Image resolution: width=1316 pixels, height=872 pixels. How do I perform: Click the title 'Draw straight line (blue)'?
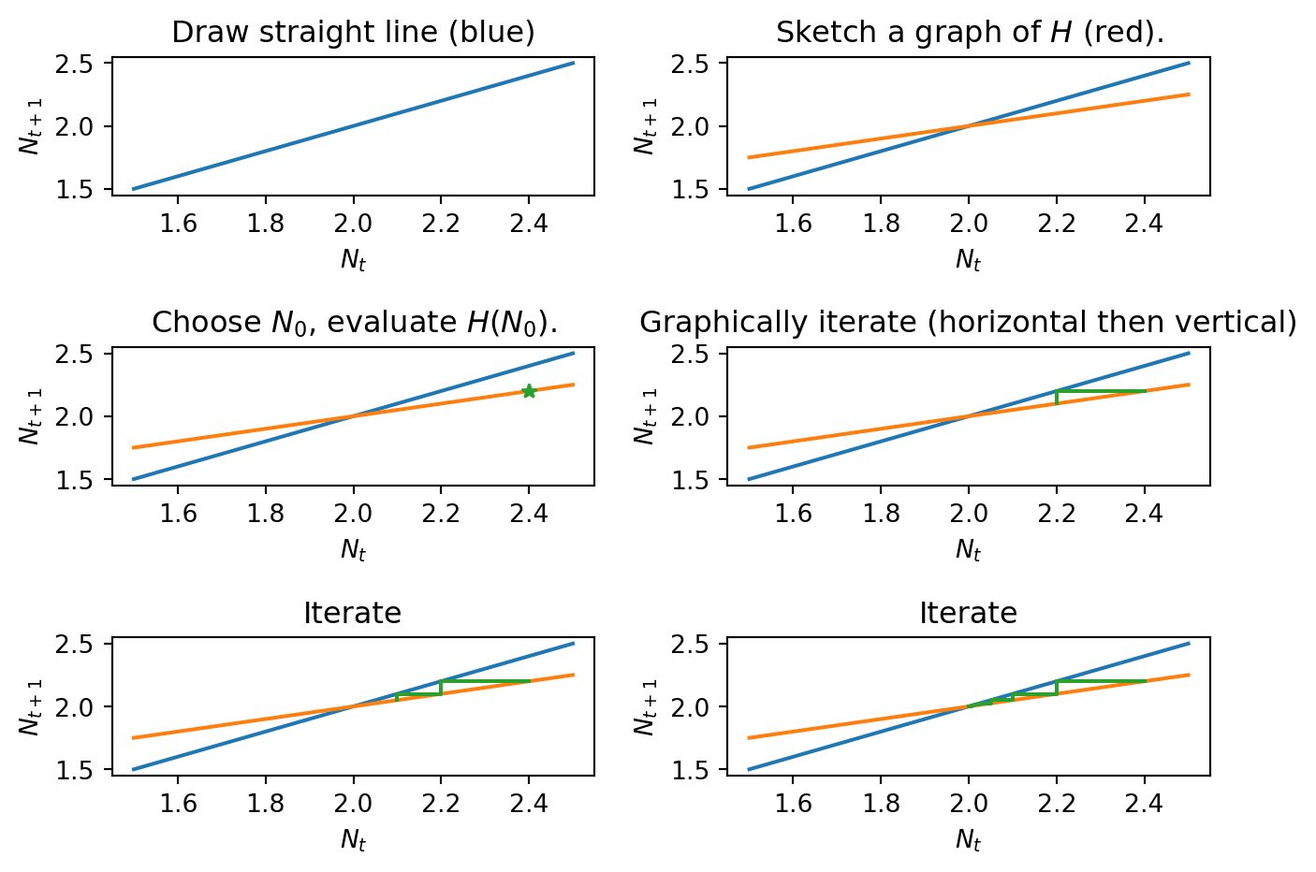click(353, 33)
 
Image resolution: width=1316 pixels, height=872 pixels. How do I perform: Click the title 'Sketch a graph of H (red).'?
click(969, 33)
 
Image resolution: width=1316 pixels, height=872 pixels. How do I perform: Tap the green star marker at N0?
click(529, 391)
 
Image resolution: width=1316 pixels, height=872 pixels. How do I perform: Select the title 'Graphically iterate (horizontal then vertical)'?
click(968, 323)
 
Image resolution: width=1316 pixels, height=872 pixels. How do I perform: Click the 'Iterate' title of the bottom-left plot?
click(353, 614)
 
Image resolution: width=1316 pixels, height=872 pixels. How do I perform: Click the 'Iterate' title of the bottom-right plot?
click(968, 614)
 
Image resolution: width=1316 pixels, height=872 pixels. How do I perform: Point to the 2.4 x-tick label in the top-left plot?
click(529, 224)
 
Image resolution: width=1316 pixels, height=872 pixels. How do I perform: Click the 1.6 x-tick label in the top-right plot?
click(794, 224)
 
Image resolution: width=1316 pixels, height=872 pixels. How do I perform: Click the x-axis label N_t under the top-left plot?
click(353, 260)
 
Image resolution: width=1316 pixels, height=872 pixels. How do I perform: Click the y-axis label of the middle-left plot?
click(30, 416)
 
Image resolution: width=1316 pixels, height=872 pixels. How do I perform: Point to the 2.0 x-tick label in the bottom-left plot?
click(353, 805)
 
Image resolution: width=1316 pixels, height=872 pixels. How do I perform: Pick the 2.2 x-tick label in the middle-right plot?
click(1057, 514)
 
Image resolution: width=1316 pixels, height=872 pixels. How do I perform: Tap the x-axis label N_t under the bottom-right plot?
click(968, 840)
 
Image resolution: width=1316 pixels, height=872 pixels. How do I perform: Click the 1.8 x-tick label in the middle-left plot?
click(266, 514)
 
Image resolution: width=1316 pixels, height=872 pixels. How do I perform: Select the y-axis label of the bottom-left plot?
click(30, 707)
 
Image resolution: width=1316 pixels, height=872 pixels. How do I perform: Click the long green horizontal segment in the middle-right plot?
click(1101, 391)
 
